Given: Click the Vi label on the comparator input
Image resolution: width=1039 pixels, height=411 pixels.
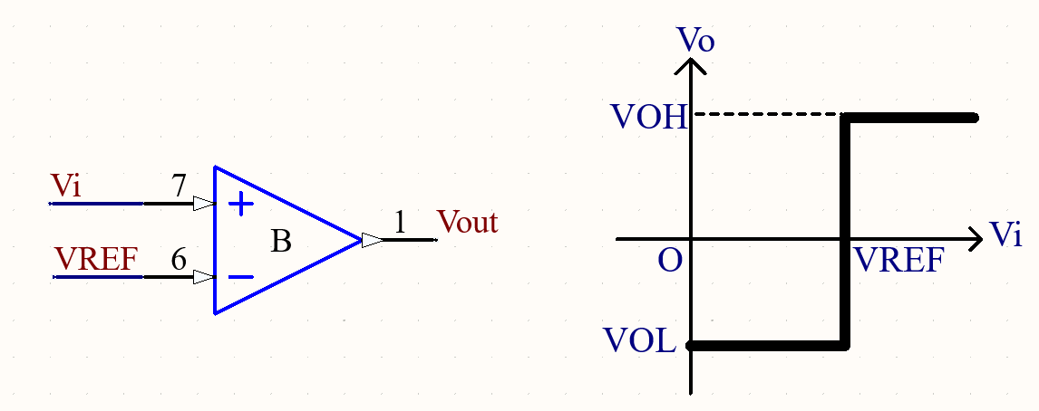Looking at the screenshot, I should pos(66,186).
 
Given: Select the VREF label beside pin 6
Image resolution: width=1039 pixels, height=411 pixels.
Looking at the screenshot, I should pos(96,259).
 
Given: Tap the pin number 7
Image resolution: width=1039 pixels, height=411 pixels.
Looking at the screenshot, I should pos(180,186).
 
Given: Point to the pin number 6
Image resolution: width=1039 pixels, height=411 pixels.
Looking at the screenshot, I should pos(180,260).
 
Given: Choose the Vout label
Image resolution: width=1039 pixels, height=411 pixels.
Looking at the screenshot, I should pos(467,222).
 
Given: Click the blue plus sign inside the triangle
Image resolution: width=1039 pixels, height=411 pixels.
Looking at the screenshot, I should pos(240,205).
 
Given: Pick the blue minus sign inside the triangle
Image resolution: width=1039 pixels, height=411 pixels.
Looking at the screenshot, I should pos(240,277).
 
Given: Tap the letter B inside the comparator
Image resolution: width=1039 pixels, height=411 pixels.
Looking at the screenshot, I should pos(281,242).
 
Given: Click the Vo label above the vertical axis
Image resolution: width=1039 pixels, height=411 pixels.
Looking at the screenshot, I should pos(695,40).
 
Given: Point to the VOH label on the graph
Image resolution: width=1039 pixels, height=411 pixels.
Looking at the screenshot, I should pos(649,118).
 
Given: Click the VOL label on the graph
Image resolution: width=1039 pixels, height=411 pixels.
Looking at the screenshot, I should pos(639,341).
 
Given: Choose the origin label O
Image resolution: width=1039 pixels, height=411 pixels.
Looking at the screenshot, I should pos(670,261).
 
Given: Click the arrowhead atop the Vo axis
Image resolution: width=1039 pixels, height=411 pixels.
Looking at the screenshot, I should pos(692,66).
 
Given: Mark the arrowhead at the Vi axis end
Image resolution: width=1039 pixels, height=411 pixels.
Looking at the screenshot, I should pos(976,240).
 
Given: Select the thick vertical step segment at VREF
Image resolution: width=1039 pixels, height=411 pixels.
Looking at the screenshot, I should pos(846,231).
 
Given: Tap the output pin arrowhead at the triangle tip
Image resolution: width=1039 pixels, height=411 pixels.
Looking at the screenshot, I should pos(372,240).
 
